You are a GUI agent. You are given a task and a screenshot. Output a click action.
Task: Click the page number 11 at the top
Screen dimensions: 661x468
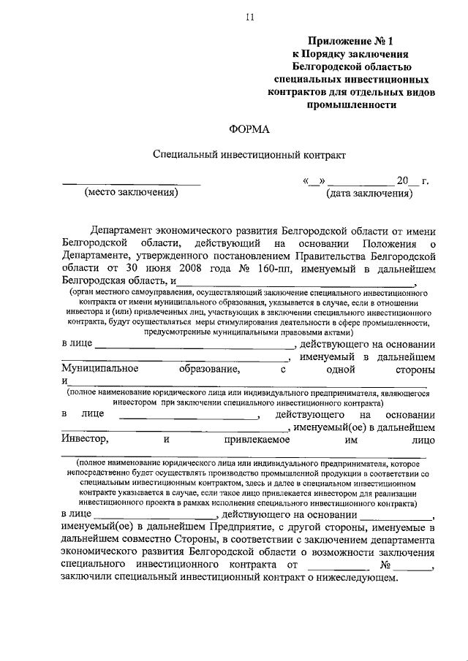pyautogui.click(x=249, y=19)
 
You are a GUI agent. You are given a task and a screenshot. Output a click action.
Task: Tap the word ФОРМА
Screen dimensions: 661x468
pyautogui.click(x=249, y=129)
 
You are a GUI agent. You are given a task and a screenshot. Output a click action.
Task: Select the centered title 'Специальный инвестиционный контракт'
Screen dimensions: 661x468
pyautogui.click(x=249, y=155)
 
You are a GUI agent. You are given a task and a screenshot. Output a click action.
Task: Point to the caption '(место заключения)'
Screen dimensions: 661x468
pyautogui.click(x=132, y=194)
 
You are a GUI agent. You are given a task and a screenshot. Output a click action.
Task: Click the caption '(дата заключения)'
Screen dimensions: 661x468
pyautogui.click(x=369, y=194)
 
